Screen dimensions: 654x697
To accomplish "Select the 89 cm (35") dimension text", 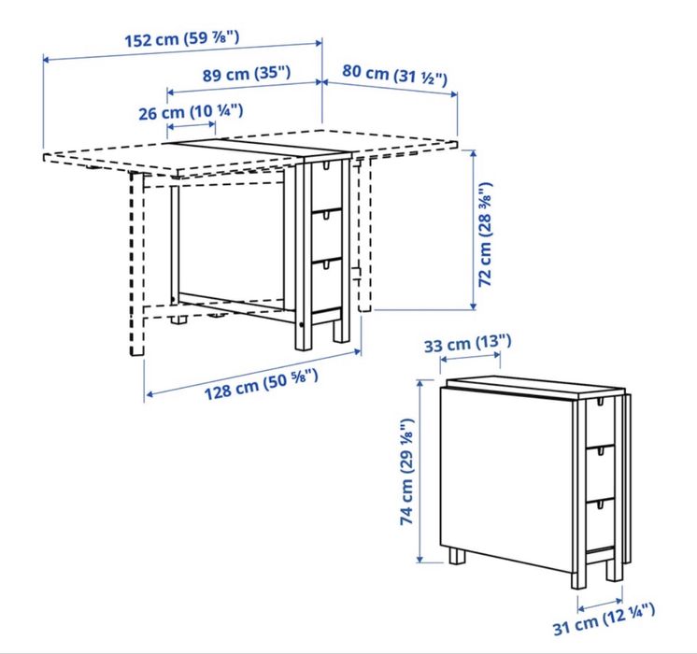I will (x=246, y=72).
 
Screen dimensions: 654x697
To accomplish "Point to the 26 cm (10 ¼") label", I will (x=191, y=111).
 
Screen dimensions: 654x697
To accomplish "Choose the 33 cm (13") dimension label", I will (x=462, y=346).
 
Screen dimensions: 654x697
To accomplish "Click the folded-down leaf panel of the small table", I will (x=509, y=472).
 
